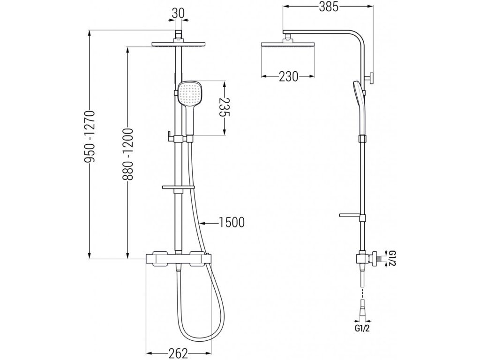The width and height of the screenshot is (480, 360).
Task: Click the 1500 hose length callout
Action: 232,222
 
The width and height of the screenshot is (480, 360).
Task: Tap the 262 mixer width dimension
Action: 178,353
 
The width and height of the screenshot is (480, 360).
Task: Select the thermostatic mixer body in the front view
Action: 178,257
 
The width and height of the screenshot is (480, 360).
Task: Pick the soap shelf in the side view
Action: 351,215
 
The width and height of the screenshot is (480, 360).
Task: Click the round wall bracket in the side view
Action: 371,78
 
